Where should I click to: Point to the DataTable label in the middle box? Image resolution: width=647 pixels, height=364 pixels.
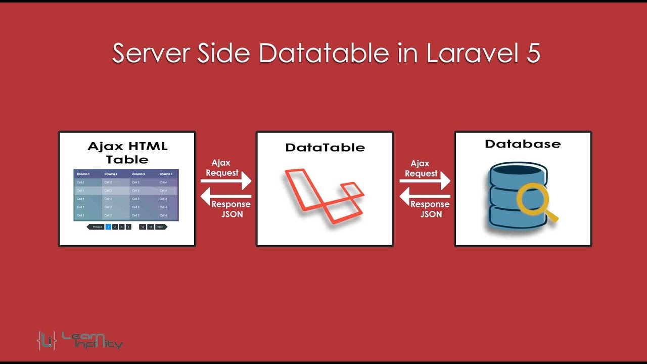325,148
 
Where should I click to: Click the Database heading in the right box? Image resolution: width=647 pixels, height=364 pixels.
523,144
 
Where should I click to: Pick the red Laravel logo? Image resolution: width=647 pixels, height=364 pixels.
323,195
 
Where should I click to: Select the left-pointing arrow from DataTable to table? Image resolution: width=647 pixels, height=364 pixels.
226,196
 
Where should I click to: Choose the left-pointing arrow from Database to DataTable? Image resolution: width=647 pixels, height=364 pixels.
425,196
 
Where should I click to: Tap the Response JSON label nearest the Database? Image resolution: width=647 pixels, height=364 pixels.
430,209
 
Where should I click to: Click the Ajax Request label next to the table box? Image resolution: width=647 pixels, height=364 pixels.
221,167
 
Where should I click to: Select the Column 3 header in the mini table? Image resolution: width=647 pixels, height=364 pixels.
138,174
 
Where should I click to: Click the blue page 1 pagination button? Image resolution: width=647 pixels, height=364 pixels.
108,227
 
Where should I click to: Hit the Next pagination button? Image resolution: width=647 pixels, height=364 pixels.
160,227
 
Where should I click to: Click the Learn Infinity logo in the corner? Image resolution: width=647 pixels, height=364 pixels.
80,340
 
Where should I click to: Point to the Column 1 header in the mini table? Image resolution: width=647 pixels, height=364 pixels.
83,174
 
